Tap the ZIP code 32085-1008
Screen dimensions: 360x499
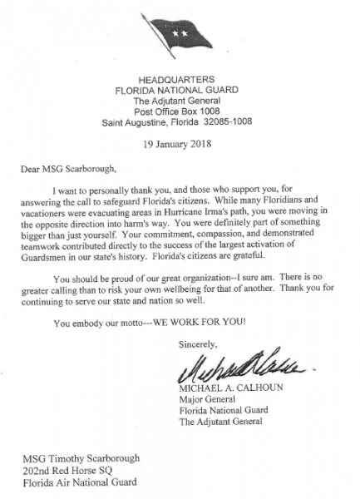coord(223,123)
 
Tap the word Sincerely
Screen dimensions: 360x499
coord(196,343)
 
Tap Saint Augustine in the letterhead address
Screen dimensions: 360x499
coord(133,123)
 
